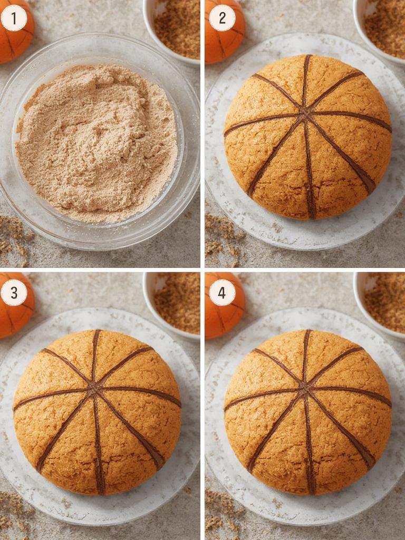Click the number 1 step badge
tap(14, 18)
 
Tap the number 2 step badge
tap(222, 18)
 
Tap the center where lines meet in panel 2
tap(305, 113)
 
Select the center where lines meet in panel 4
tap(305, 390)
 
